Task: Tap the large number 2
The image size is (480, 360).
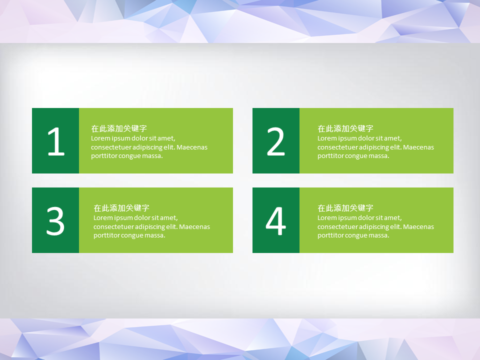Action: click(x=276, y=141)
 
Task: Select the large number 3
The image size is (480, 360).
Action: click(x=55, y=220)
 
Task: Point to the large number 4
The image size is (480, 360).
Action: click(x=276, y=220)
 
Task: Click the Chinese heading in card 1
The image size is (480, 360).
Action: click(x=119, y=128)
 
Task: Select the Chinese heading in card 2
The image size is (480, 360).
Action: click(x=345, y=128)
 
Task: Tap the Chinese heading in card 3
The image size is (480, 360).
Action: click(x=121, y=208)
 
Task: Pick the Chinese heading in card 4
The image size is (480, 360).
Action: click(x=345, y=208)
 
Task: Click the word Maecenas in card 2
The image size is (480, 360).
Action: click(x=418, y=147)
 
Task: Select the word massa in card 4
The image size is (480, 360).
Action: click(x=378, y=235)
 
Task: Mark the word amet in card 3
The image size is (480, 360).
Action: click(x=169, y=218)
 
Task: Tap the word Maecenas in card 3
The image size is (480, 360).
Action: click(x=194, y=227)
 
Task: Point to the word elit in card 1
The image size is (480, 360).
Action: click(x=169, y=147)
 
